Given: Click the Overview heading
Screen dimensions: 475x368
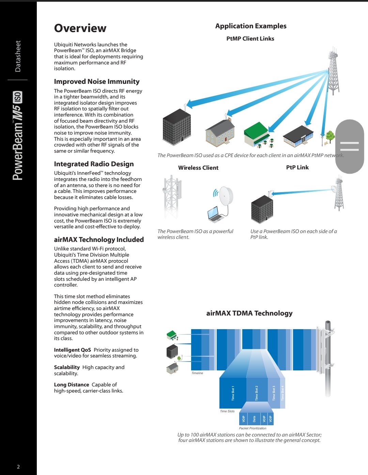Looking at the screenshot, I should click(x=80, y=28).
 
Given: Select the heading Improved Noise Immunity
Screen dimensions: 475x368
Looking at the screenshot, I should click(x=97, y=81).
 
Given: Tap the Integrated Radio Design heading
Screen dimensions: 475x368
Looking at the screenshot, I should click(x=94, y=164).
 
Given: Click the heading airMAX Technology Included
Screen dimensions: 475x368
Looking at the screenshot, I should click(x=99, y=240).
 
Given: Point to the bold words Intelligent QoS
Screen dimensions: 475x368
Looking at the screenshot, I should click(x=72, y=350).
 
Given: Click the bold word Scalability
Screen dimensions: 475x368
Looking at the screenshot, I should click(x=67, y=367).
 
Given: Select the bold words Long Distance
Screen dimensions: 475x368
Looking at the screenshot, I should click(x=71, y=385).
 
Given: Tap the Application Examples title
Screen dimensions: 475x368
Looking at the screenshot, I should click(x=251, y=26).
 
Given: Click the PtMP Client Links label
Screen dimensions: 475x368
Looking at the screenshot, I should click(x=250, y=39).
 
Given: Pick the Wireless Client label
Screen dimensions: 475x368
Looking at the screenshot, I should click(x=198, y=168).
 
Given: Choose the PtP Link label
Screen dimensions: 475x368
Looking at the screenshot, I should click(x=297, y=167).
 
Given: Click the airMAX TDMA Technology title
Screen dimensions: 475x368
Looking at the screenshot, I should click(x=249, y=313).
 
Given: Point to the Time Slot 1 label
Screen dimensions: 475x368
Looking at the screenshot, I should click(x=233, y=393).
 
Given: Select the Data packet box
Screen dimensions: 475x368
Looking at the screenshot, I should click(x=254, y=418).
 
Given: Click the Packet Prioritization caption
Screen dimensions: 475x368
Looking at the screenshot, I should click(x=252, y=428).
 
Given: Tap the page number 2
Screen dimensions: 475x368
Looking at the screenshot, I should click(x=18, y=467).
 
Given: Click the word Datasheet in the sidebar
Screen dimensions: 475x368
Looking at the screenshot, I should click(x=18, y=56).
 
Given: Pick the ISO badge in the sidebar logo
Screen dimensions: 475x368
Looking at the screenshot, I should click(x=18, y=97).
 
